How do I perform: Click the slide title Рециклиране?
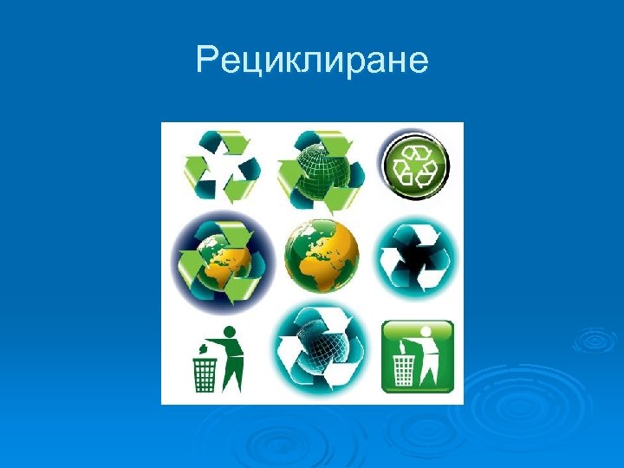(x=312, y=62)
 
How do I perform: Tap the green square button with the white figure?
(x=417, y=356)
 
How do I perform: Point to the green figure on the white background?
(x=231, y=362)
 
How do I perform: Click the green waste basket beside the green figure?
(x=205, y=374)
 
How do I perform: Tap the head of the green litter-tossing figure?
(x=230, y=332)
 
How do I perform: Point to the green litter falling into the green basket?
(x=202, y=347)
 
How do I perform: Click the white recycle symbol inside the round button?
(x=416, y=164)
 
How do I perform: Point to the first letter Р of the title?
(x=205, y=62)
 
